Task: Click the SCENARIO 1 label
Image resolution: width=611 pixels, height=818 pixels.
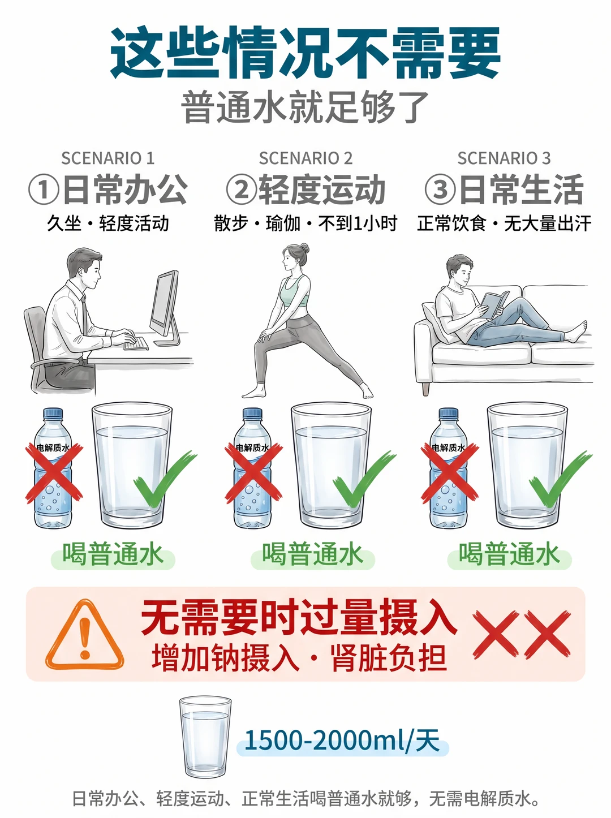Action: point(107,158)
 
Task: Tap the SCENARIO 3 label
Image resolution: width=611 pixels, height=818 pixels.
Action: point(504,158)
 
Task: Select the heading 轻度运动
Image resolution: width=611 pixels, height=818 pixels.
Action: point(322,190)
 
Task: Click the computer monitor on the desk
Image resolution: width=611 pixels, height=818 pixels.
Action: point(165,307)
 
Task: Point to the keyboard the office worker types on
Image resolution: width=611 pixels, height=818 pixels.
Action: point(136,343)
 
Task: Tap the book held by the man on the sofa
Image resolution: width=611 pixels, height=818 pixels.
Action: point(494,304)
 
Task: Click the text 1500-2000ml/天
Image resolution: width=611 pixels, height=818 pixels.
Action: point(342,740)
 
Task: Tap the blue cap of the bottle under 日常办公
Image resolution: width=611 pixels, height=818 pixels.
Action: point(53,413)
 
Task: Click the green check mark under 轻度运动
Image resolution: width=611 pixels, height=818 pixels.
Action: point(365,479)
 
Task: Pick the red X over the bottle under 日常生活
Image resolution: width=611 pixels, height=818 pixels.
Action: point(450,473)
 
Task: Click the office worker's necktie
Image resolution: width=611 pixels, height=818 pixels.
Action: point(84,313)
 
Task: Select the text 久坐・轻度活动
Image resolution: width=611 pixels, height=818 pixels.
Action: point(107,223)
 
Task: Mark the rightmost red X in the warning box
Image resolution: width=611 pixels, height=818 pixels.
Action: point(548,635)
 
